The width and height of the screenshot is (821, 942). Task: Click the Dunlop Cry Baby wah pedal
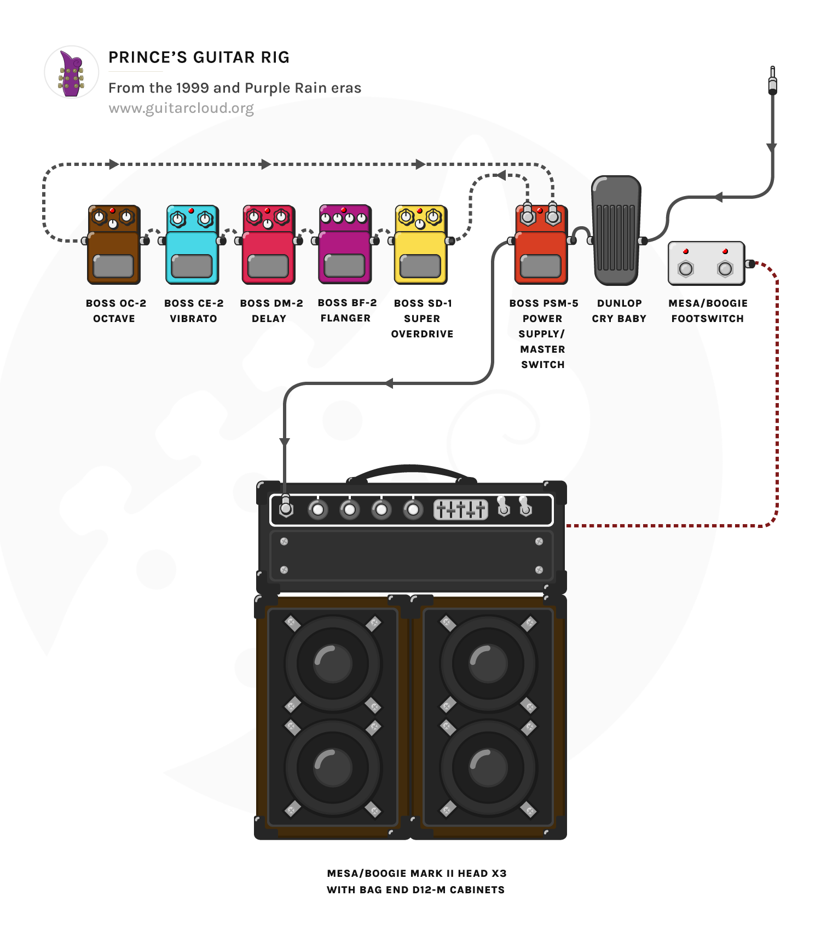pos(616,231)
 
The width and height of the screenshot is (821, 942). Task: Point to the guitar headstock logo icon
pos(71,72)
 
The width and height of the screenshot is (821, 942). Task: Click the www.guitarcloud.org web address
pos(181,108)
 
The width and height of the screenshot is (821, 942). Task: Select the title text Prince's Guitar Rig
pos(199,58)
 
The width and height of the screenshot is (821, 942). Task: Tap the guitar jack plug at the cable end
pos(772,81)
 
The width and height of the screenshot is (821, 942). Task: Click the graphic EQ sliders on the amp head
pos(461,509)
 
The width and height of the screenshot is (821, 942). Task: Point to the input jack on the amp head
pos(286,509)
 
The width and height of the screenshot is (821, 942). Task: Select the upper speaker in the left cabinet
pos(333,663)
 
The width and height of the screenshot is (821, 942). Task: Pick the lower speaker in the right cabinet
pos(488,767)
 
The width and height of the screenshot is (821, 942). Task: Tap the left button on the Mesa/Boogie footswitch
pos(686,268)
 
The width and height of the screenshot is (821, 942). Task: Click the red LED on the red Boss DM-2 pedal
pos(267,210)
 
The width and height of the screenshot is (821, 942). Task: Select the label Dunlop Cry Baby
pos(619,311)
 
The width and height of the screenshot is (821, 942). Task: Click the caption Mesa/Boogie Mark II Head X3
pos(417,873)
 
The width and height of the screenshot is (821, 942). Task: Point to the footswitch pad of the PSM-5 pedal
pos(541,266)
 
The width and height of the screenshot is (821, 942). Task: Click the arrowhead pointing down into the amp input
pos(285,442)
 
